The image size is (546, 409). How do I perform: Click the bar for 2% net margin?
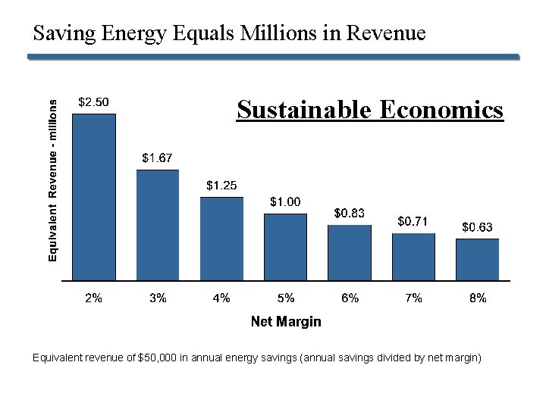click(94, 197)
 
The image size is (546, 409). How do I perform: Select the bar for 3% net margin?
click(158, 225)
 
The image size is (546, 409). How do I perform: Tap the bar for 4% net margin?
click(221, 239)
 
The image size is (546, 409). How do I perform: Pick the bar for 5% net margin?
click(285, 247)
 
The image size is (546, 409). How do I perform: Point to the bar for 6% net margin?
click(350, 253)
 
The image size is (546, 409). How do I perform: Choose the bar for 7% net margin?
click(413, 257)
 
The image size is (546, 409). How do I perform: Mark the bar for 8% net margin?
click(477, 260)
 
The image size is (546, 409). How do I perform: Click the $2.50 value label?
click(94, 102)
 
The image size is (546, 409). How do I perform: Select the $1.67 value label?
click(158, 158)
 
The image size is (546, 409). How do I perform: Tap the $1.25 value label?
click(221, 186)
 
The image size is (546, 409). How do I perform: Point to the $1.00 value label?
click(286, 201)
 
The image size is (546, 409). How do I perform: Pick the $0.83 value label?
click(350, 214)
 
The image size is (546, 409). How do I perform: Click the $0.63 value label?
click(477, 227)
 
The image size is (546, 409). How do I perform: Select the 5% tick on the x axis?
click(286, 298)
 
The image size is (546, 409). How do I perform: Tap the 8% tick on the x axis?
click(477, 298)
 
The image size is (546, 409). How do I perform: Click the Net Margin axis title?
click(286, 322)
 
